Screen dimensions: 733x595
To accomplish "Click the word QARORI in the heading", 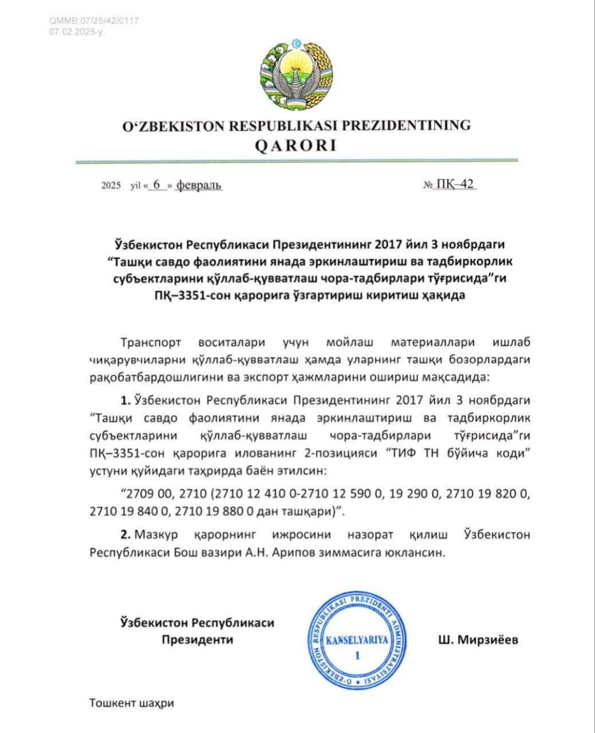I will click(295, 146).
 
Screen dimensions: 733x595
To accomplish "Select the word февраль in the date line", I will click(199, 185).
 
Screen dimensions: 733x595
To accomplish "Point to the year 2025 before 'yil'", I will click(111, 186).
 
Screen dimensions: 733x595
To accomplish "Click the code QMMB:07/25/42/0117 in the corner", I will click(94, 21).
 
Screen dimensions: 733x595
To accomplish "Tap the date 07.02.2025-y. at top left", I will click(77, 31).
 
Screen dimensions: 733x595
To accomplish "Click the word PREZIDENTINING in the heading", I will click(406, 125).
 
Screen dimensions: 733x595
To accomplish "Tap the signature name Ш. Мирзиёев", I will click(477, 640).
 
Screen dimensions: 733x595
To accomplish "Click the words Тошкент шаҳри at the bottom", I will click(131, 702).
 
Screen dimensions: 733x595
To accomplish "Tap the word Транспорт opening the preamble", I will click(151, 342).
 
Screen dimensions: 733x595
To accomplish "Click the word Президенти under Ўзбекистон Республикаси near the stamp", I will click(197, 640).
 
